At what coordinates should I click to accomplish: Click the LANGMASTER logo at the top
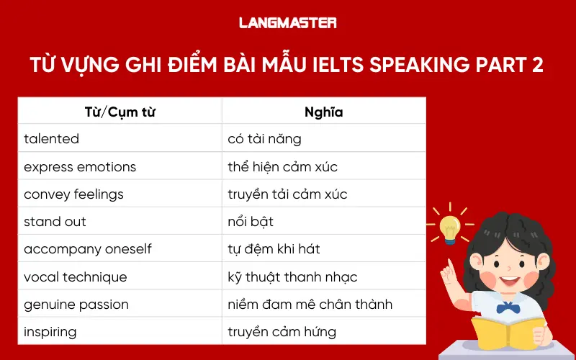coord(287,23)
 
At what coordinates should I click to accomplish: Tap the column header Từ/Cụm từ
coord(120,112)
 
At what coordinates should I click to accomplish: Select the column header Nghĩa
coord(323,112)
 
